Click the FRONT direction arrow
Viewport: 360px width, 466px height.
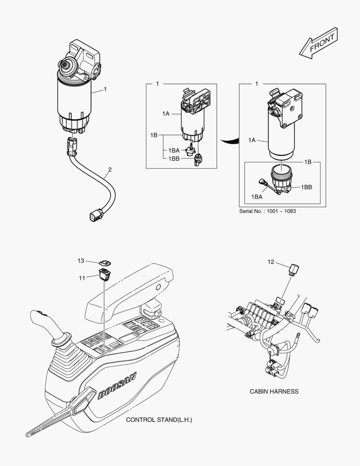pyautogui.click(x=319, y=44)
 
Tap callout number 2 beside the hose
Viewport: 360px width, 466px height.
pyautogui.click(x=110, y=170)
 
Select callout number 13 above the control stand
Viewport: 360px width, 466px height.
pyautogui.click(x=81, y=261)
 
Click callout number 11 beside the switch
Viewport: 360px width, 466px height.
pyautogui.click(x=81, y=278)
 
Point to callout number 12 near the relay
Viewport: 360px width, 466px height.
pyautogui.click(x=271, y=261)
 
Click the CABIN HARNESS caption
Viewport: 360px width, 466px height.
pyautogui.click(x=274, y=391)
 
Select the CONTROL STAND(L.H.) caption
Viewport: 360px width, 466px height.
pyautogui.click(x=157, y=419)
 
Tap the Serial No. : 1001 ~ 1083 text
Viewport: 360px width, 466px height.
pyautogui.click(x=267, y=211)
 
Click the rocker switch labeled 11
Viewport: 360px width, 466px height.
pyautogui.click(x=104, y=274)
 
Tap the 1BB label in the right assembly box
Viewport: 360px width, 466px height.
pyautogui.click(x=307, y=187)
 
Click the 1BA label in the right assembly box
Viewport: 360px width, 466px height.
pyautogui.click(x=257, y=196)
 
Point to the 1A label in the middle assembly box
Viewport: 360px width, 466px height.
pyautogui.click(x=166, y=113)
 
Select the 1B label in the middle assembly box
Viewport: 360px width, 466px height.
pyautogui.click(x=154, y=135)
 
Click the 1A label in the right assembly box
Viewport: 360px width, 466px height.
pyautogui.click(x=252, y=140)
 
